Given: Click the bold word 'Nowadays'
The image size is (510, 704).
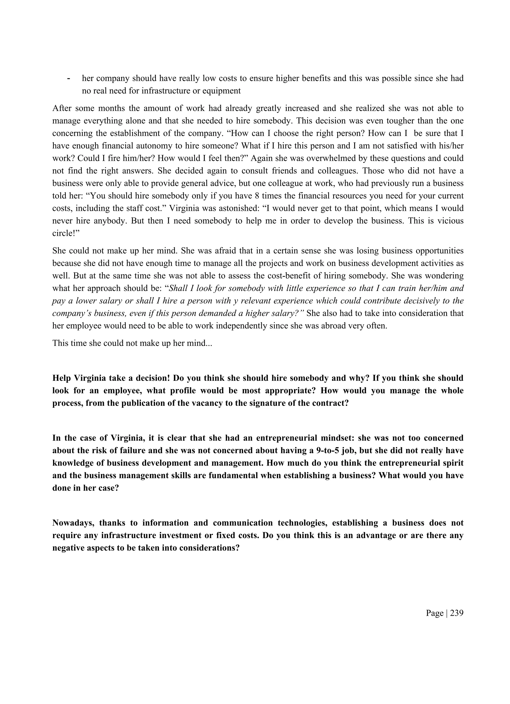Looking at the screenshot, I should [x=72, y=523].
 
